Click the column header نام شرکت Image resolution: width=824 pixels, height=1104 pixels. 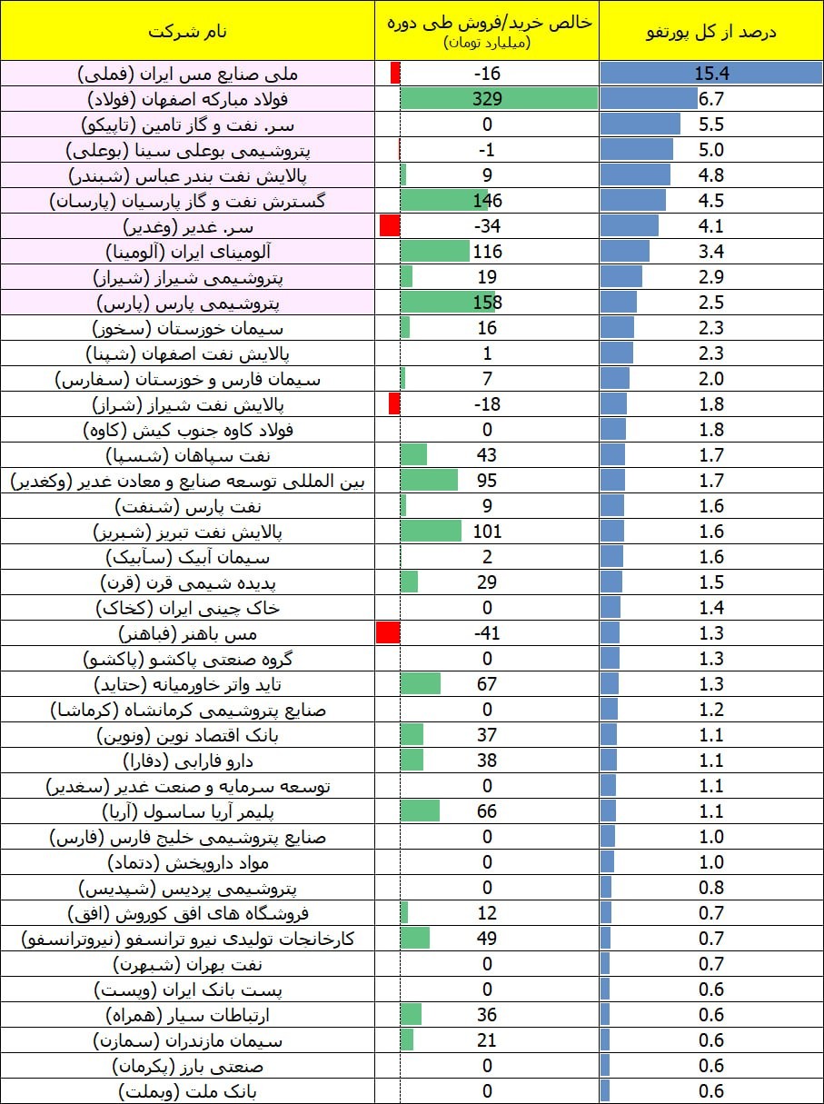coord(187,32)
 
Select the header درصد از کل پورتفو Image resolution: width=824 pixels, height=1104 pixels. coord(710,32)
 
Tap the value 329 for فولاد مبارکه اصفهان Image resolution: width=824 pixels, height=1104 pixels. coord(487,98)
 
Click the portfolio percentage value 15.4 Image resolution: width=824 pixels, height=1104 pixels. coord(711,74)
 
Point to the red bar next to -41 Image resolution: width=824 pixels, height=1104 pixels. coord(388,632)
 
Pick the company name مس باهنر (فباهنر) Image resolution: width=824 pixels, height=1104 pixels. coord(187,633)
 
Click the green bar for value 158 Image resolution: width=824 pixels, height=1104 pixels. coord(448,303)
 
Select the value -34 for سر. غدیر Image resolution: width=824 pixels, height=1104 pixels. coord(487,226)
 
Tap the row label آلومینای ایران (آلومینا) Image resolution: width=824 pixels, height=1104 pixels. coord(188,252)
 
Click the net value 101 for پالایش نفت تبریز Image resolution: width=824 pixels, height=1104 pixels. coord(487,532)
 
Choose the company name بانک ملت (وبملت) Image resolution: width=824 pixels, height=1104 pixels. coord(187,1092)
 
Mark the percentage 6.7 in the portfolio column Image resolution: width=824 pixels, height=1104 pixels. coord(710,98)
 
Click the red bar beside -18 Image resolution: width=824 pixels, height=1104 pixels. coord(394,403)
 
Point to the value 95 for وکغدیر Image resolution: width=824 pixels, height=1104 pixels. coord(487,481)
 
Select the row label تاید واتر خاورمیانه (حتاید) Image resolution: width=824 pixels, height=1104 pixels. coord(187,684)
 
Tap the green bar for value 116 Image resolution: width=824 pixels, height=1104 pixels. coord(435,252)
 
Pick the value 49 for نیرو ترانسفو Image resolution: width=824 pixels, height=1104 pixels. coord(487,939)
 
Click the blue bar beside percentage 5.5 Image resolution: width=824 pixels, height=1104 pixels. coord(640,124)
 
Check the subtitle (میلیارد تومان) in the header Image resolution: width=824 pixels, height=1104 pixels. coord(487,43)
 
